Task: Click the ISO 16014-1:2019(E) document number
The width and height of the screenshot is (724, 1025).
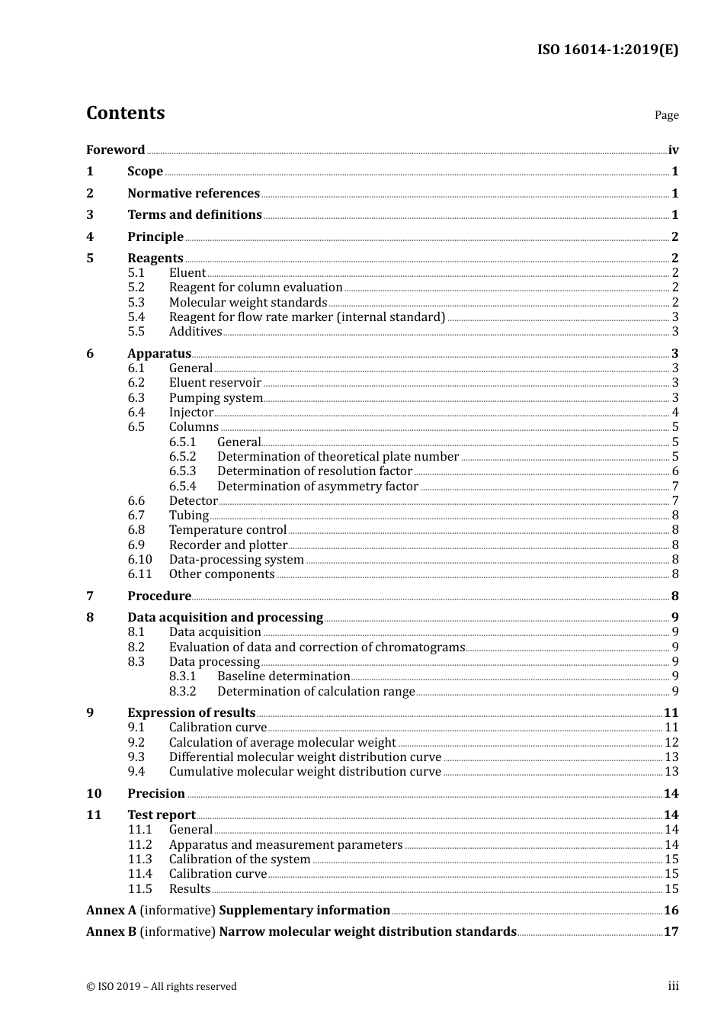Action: [x=607, y=50]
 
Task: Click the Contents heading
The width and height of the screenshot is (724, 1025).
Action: [x=126, y=113]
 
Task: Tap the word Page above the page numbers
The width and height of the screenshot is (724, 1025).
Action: [x=666, y=115]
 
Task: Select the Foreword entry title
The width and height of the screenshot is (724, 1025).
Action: [x=115, y=150]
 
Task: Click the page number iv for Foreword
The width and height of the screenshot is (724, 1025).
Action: [x=673, y=150]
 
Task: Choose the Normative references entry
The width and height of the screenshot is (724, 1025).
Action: [x=194, y=194]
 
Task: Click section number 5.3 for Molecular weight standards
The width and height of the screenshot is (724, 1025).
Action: [x=136, y=303]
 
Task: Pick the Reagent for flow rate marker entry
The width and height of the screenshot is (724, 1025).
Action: [x=307, y=317]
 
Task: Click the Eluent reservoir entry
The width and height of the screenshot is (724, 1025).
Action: [x=215, y=383]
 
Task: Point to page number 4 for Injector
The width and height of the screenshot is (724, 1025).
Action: [x=675, y=413]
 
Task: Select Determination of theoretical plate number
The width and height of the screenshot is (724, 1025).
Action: [x=338, y=457]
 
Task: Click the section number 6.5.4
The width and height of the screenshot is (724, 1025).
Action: [x=183, y=487]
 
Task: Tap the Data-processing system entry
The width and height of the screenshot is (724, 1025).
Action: [x=236, y=560]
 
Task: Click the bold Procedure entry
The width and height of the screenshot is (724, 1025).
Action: [x=159, y=596]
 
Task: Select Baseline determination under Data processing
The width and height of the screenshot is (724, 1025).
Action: [x=284, y=676]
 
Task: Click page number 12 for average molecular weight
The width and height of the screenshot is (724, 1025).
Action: [x=671, y=743]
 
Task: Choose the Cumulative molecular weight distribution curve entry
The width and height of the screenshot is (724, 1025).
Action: [x=305, y=772]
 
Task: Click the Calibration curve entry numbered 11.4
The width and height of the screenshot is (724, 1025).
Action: [x=218, y=874]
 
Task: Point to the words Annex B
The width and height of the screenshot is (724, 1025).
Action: [x=111, y=932]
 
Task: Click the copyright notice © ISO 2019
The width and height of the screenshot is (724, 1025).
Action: [x=162, y=987]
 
